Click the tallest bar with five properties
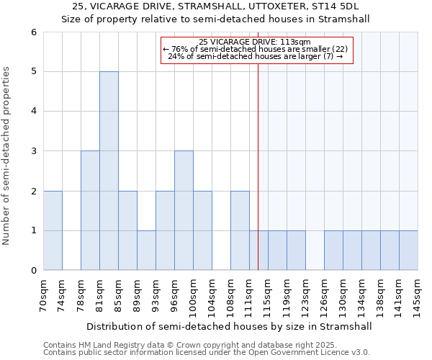[x=109, y=171]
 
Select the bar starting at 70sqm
[x=53, y=230]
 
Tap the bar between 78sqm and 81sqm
[x=90, y=210]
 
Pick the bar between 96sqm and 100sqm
[x=184, y=210]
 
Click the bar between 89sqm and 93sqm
[x=146, y=251]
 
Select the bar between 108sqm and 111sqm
[x=240, y=230]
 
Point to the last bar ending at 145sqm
[x=408, y=251]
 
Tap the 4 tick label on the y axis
[x=33, y=112]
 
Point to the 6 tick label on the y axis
[x=33, y=32]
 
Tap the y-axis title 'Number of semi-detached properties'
[x=7, y=156]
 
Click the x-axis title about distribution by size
[x=230, y=326]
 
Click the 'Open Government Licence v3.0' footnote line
[x=207, y=353]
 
